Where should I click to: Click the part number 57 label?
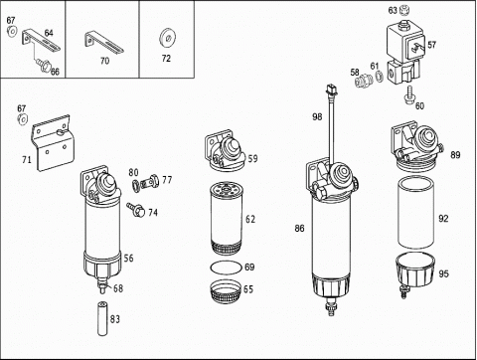click(x=431, y=45)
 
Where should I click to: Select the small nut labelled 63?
click(x=403, y=10)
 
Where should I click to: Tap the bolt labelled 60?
click(x=408, y=94)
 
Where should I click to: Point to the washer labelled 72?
click(x=167, y=38)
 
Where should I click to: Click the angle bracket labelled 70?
click(x=104, y=43)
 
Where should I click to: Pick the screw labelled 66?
click(x=43, y=65)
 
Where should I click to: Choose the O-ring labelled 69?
click(x=226, y=268)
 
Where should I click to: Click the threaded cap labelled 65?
click(x=226, y=291)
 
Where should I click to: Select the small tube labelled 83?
click(x=102, y=318)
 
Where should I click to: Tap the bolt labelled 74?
click(x=136, y=210)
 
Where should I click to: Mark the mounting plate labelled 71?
click(x=53, y=143)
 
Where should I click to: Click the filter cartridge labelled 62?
click(x=227, y=219)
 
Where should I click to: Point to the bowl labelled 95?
click(x=414, y=270)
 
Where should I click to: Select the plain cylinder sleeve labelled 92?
click(x=415, y=213)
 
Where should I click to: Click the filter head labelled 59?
click(x=226, y=151)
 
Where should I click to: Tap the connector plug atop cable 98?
click(x=331, y=90)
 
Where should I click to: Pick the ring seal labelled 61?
click(x=379, y=77)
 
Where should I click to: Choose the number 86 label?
click(x=299, y=228)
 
